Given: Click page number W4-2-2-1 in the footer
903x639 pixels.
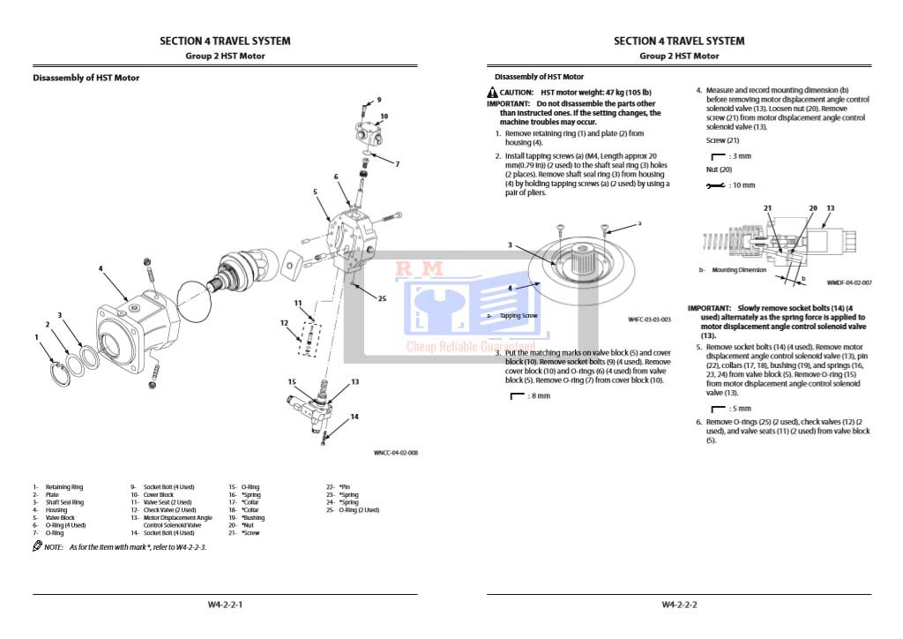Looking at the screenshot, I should click(x=225, y=605).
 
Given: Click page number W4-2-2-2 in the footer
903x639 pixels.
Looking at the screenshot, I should click(x=679, y=605).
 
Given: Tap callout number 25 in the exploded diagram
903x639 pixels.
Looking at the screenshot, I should click(x=382, y=298).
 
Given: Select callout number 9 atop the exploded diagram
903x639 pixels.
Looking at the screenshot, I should click(x=379, y=100).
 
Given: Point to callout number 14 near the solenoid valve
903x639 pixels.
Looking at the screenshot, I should click(x=354, y=416).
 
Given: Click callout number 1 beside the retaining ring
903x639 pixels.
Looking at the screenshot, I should click(x=36, y=337).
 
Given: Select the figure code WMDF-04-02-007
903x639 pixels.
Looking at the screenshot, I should click(x=849, y=282).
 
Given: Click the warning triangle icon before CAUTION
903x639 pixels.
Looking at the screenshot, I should click(x=491, y=93).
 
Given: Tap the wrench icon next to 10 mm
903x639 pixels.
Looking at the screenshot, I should click(x=713, y=185).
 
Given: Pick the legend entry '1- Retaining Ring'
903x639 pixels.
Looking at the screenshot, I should click(x=59, y=486).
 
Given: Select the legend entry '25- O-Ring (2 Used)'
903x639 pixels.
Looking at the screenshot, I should click(x=352, y=509).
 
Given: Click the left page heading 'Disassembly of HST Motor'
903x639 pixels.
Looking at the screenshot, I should click(x=86, y=78).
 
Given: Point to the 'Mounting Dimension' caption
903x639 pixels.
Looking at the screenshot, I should click(x=739, y=270).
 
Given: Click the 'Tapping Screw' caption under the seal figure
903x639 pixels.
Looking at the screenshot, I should click(x=518, y=315).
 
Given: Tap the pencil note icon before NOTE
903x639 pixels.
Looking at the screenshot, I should click(x=38, y=547).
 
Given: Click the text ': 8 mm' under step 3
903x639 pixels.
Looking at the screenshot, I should click(x=536, y=395).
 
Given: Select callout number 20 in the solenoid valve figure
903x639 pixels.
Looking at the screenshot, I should click(x=813, y=208).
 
